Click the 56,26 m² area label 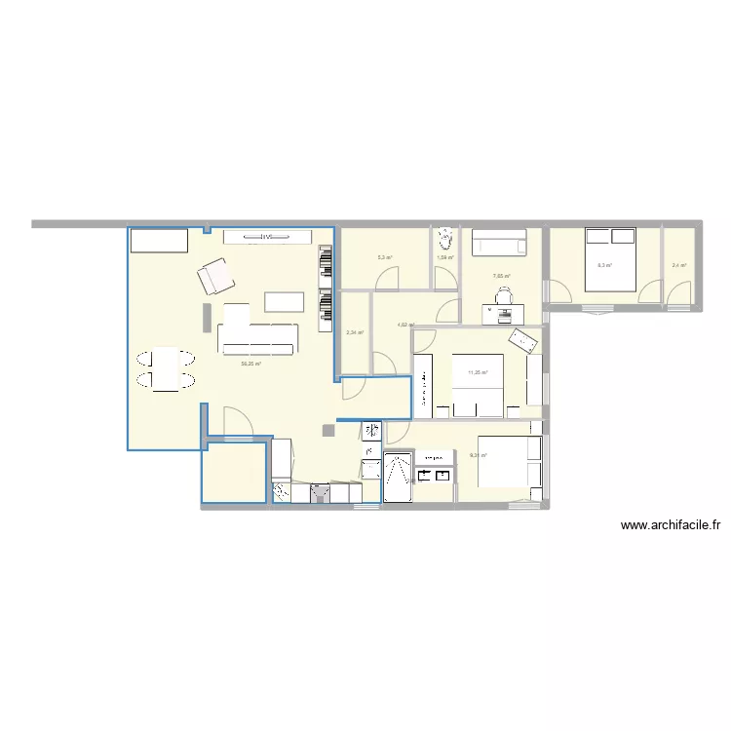(x=250, y=364)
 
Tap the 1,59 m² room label (x=445, y=257)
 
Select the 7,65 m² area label (x=501, y=276)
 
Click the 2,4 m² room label (x=679, y=265)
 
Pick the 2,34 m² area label (x=355, y=332)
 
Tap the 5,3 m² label (x=385, y=258)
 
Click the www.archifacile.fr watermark (x=670, y=525)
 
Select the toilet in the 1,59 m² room (x=445, y=237)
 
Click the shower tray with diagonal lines (x=399, y=479)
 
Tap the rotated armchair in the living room (x=215, y=277)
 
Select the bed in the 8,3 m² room (x=610, y=259)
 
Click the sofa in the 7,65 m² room (x=501, y=243)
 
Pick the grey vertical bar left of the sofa (x=207, y=317)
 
